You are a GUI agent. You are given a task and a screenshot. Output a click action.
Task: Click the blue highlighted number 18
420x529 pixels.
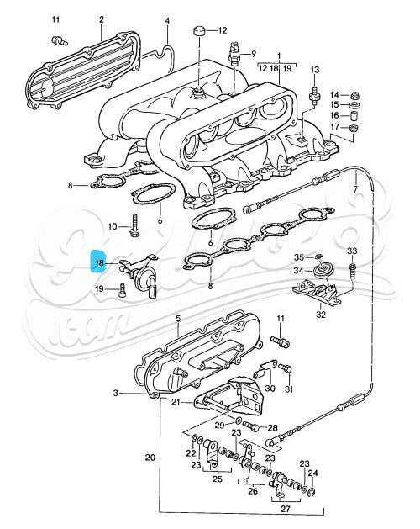[99, 262]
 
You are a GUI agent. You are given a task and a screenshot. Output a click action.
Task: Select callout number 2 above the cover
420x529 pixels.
[102, 19]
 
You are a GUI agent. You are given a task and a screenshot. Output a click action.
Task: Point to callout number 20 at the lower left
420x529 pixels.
[150, 458]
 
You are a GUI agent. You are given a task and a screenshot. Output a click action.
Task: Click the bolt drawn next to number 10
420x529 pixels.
[134, 225]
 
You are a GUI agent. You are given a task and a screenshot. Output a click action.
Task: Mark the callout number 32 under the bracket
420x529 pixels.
[320, 315]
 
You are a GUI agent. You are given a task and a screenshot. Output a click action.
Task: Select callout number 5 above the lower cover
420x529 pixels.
[178, 319]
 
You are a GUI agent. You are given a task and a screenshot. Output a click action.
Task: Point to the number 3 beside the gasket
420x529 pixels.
[116, 392]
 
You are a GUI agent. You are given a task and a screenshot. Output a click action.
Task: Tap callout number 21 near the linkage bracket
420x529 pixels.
[176, 403]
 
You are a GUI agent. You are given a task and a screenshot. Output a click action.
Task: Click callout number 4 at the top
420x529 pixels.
[166, 19]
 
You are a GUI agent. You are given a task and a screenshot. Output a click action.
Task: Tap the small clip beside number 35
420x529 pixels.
[321, 256]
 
